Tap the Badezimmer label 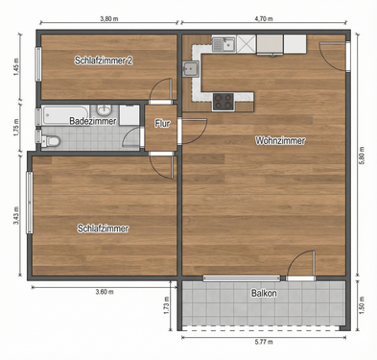coord(93,122)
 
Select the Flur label coord(163,123)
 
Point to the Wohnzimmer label coord(280,141)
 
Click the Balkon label coord(265,293)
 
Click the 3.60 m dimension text coord(103,292)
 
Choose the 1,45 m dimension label coord(16,67)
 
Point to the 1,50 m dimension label coord(362,305)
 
